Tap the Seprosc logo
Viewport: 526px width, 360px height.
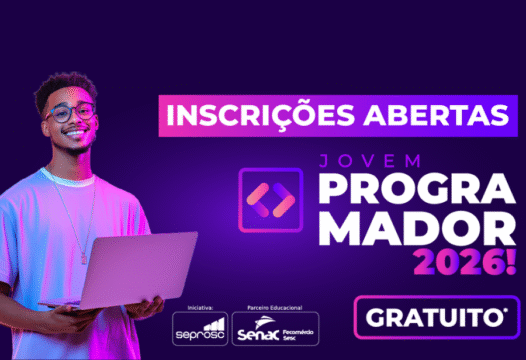200,328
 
